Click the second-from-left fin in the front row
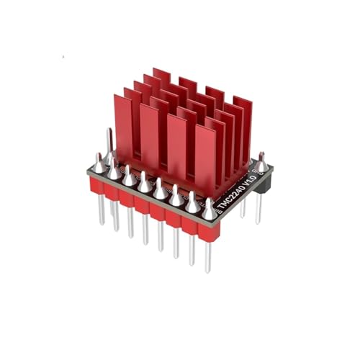coord(150,134)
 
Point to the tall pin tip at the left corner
coord(109,137)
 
